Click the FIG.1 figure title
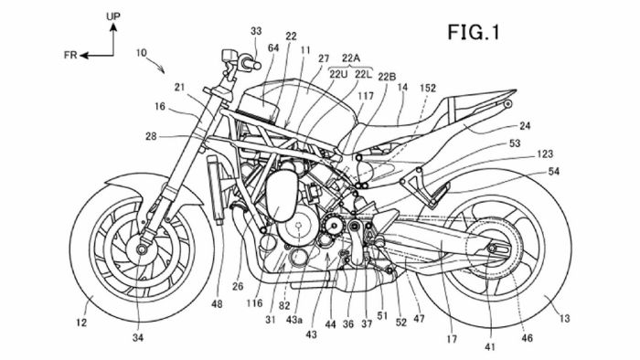474,32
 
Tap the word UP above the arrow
113,16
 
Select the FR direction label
70,55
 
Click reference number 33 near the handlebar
256,31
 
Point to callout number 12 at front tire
81,323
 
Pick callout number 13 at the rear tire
564,318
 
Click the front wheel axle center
142,249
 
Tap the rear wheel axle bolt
492,248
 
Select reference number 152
428,88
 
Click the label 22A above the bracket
351,58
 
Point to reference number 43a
294,320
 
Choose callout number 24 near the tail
525,126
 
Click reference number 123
545,154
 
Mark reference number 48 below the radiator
218,303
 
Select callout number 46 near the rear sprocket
528,337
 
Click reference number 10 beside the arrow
141,53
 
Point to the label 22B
387,77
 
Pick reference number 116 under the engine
254,303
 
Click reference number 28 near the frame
151,136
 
